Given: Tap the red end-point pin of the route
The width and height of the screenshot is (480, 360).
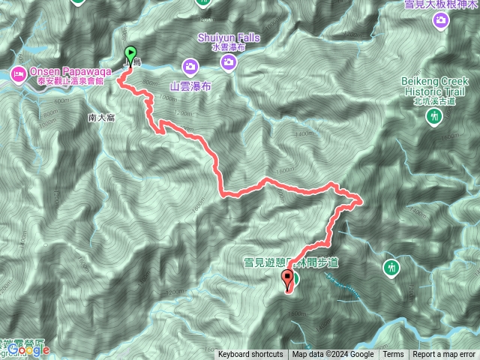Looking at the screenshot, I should click(x=287, y=280).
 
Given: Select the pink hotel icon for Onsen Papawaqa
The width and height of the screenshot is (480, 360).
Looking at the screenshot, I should click(x=17, y=73).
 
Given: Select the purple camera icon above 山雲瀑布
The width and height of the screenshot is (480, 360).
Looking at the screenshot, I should click(x=193, y=67).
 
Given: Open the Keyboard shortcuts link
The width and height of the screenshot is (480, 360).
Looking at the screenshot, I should click(x=250, y=355).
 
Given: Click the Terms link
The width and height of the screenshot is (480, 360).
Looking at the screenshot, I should click(x=393, y=355).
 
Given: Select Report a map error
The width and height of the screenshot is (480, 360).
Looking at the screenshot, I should click(x=444, y=355).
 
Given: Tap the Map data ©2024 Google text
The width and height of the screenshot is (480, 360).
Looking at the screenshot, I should click(x=333, y=355).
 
